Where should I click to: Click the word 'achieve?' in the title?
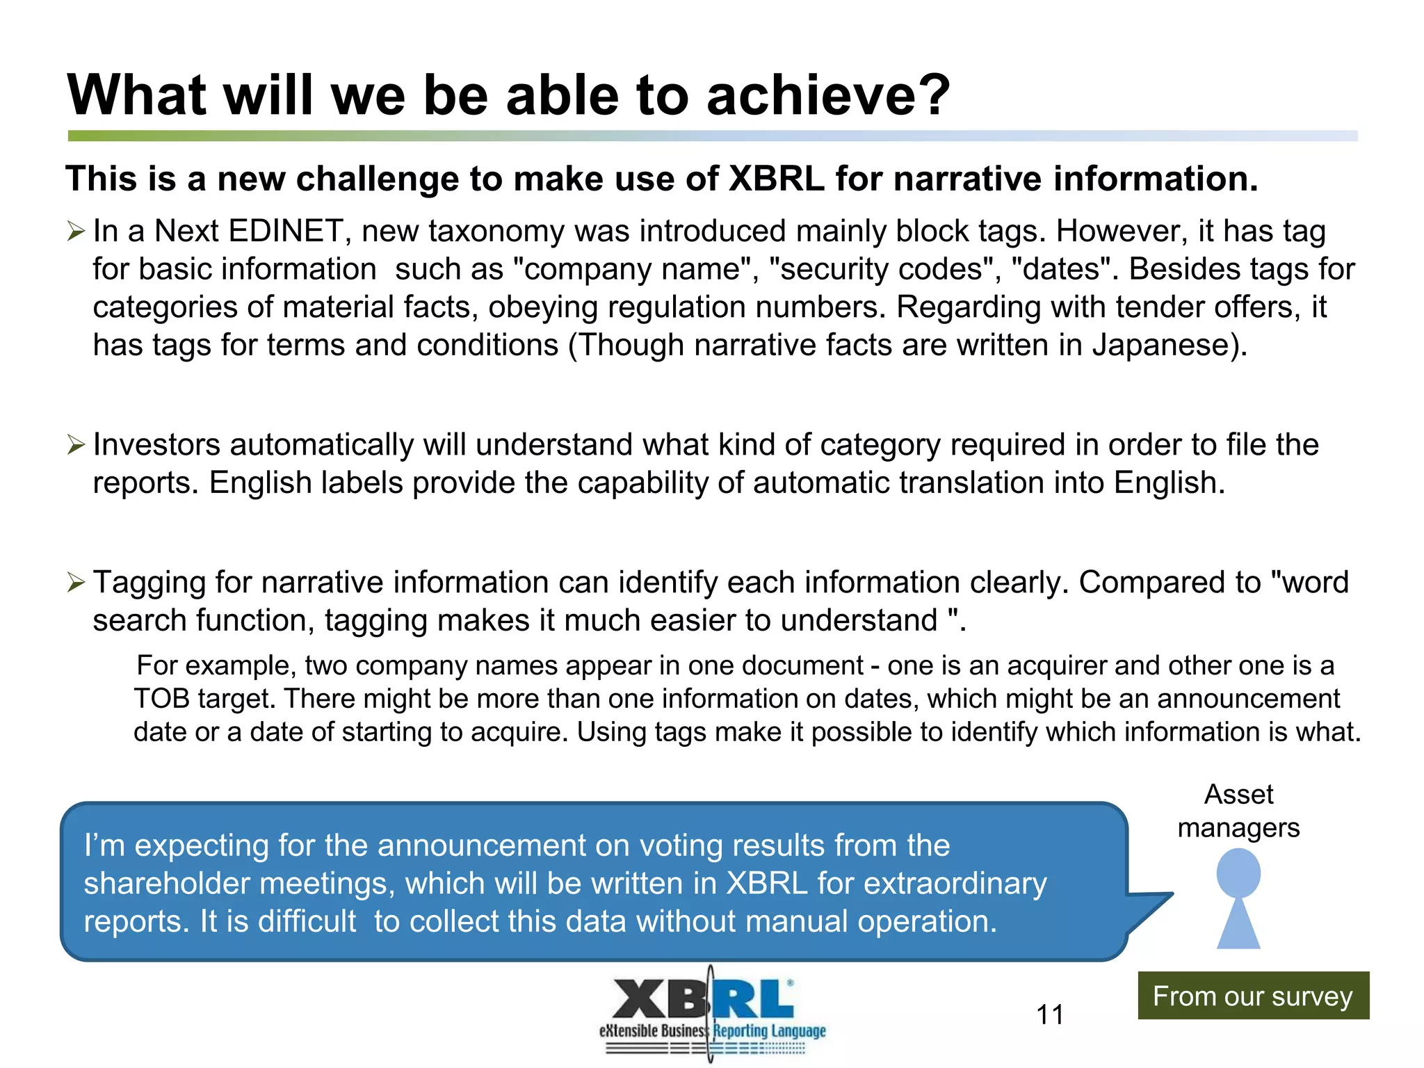pyautogui.click(x=827, y=95)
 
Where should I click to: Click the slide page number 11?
pyautogui.click(x=1049, y=1014)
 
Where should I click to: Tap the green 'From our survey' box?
pyautogui.click(x=1253, y=996)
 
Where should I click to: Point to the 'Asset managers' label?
pyautogui.click(x=1238, y=811)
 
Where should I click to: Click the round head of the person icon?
pyautogui.click(x=1238, y=873)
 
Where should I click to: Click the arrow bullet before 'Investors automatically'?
pyautogui.click(x=76, y=444)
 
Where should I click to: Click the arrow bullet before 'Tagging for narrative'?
pyautogui.click(x=76, y=582)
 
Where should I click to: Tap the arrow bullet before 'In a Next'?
pyautogui.click(x=76, y=231)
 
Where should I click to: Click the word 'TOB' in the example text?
pyautogui.click(x=161, y=699)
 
